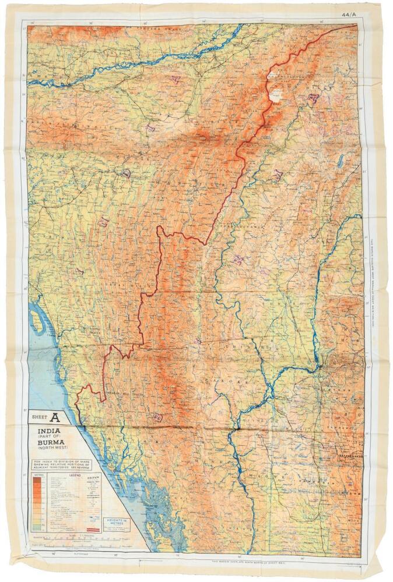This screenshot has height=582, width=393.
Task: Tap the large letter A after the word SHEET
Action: coord(55,417)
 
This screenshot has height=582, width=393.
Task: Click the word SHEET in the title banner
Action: coord(38,417)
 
